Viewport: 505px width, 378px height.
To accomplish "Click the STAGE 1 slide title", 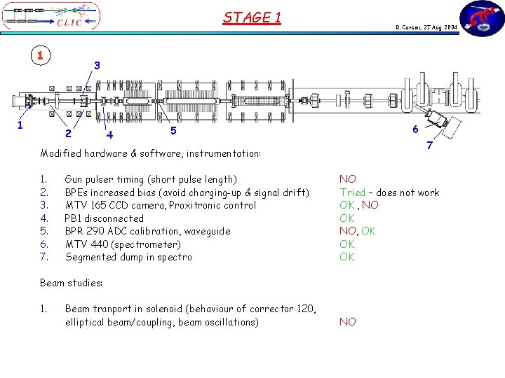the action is (x=252, y=17).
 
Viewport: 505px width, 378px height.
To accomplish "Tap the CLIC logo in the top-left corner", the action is (x=51, y=17).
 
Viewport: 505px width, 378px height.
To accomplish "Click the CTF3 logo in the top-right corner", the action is (x=481, y=19).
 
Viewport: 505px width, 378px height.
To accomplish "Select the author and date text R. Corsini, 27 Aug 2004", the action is (x=426, y=27).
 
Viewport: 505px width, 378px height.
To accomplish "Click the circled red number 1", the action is (x=41, y=55).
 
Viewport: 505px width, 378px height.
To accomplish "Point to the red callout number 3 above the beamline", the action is (x=97, y=65).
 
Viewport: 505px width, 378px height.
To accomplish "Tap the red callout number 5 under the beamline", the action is (x=173, y=130).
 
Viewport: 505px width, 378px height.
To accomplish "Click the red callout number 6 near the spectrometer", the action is (x=415, y=129).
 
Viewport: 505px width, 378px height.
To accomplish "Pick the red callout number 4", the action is (x=109, y=134).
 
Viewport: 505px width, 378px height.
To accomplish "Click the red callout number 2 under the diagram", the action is (x=67, y=134).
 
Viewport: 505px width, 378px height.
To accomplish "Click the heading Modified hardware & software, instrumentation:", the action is (x=151, y=153).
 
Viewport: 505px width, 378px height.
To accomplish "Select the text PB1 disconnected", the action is (x=105, y=218).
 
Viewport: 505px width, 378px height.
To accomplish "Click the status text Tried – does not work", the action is (x=389, y=192).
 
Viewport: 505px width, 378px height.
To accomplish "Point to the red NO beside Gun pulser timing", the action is (x=348, y=179).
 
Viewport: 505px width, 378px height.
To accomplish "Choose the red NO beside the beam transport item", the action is (x=348, y=322).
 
